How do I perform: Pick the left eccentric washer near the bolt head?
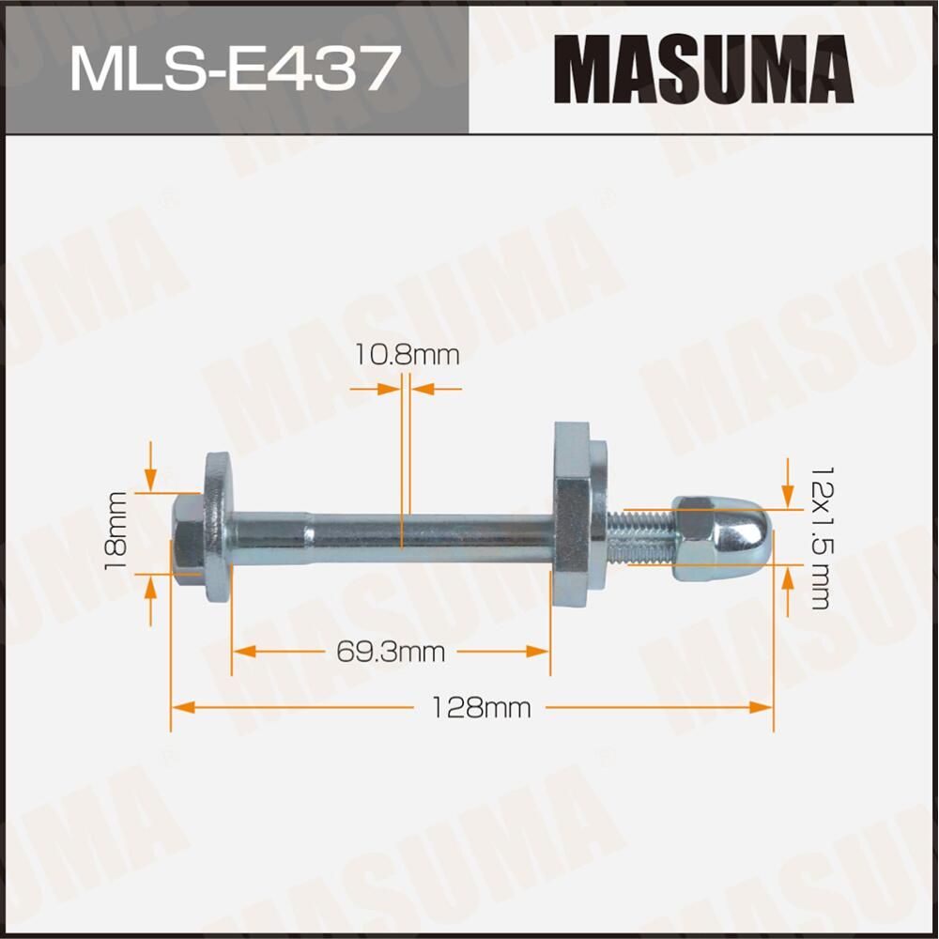(218, 531)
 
